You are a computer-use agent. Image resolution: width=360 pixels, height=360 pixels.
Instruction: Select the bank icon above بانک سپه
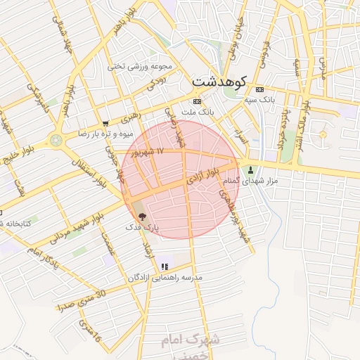(x=259, y=90)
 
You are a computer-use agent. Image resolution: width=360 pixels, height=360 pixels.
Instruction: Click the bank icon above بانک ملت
(x=196, y=102)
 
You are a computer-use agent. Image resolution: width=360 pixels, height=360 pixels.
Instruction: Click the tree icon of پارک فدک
(x=142, y=217)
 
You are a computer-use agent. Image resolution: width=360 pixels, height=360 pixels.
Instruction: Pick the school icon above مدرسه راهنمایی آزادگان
(x=165, y=266)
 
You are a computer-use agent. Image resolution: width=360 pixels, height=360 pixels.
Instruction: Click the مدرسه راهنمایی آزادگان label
(x=165, y=278)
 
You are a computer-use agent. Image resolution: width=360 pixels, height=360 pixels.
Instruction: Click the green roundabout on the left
(x=56, y=140)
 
